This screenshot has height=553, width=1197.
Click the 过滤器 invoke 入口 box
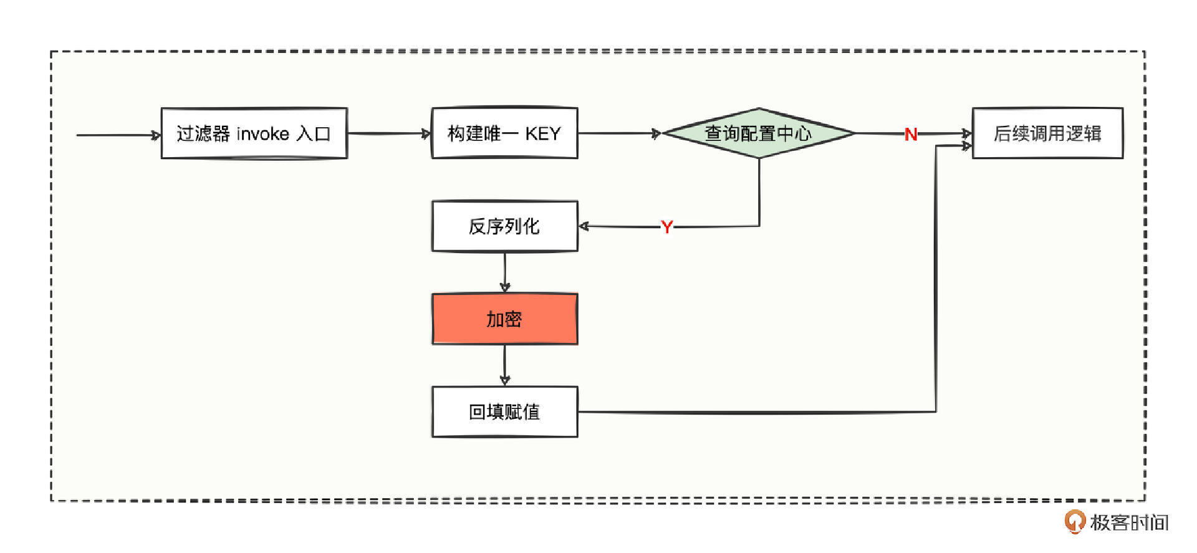click(x=254, y=133)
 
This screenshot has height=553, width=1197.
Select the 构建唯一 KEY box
click(x=504, y=133)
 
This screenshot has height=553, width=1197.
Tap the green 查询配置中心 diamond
click(x=759, y=133)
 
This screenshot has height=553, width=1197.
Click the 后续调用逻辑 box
click(x=1047, y=133)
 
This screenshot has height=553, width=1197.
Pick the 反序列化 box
click(x=504, y=226)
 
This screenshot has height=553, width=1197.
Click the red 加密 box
click(x=504, y=319)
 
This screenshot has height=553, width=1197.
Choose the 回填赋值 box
click(x=504, y=412)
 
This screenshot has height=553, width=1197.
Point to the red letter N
click(x=911, y=134)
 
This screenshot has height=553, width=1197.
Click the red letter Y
click(x=666, y=227)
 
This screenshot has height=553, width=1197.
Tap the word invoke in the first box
click(x=262, y=134)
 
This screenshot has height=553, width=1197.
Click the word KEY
click(x=542, y=134)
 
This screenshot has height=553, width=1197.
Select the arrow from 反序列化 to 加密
click(x=505, y=272)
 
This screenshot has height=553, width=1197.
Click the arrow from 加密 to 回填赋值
click(x=505, y=365)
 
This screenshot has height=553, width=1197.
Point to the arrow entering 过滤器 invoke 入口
click(x=118, y=135)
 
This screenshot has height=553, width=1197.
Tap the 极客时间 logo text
click(x=1129, y=522)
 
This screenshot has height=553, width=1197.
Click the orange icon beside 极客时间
click(x=1074, y=521)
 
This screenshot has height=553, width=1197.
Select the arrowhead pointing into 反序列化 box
click(x=584, y=226)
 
